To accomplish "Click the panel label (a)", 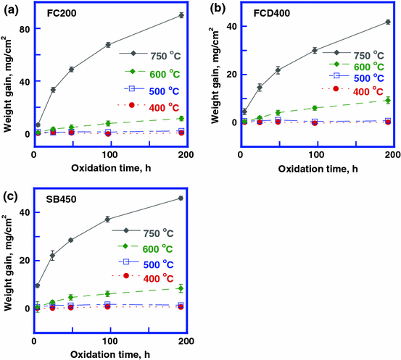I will coord(10,9).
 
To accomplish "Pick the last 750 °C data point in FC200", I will coord(181,15).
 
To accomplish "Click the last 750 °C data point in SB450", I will coord(180,198).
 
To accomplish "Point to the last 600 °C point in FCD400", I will coord(388,101).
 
